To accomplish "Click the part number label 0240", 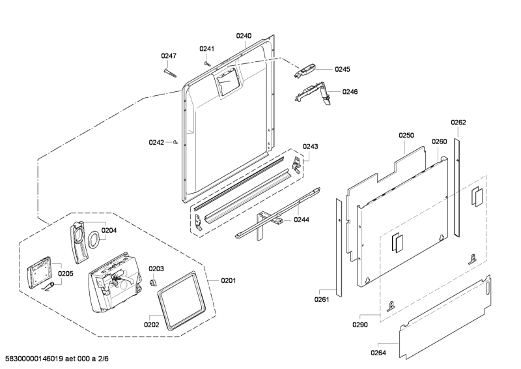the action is (x=244, y=36).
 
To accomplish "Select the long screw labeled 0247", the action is (x=170, y=73).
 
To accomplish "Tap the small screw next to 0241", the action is (x=206, y=63).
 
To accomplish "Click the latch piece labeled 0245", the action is (x=304, y=71).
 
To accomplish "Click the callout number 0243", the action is (x=310, y=147).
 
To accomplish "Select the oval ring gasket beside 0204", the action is (x=93, y=239).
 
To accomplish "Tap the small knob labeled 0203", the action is (x=152, y=282).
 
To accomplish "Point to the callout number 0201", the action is (x=229, y=281).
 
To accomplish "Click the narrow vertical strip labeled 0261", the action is (x=339, y=248).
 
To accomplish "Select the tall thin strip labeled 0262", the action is (x=457, y=188).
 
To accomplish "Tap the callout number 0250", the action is (x=406, y=136).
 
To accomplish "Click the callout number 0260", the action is (x=439, y=141).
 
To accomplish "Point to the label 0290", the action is (x=360, y=325).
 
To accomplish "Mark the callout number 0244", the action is (x=302, y=220).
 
